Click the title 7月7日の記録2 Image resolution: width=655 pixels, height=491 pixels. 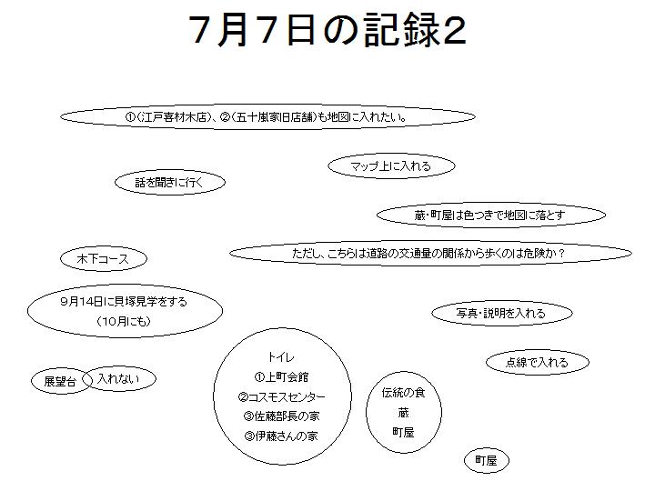tap(327, 30)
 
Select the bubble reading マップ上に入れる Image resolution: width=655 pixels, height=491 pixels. tap(391, 165)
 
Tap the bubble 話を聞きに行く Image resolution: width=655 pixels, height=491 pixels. tap(170, 182)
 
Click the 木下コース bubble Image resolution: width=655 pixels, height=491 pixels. tap(104, 258)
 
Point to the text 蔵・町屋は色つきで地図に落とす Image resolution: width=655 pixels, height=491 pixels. tap(489, 215)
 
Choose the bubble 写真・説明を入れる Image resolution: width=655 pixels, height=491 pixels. tap(501, 313)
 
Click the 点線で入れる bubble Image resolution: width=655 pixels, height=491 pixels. tap(538, 362)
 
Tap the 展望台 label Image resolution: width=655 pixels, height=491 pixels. tap(61, 381)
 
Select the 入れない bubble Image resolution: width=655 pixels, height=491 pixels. tap(119, 378)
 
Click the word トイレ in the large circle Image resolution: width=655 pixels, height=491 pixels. tap(281, 357)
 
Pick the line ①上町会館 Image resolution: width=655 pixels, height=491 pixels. tap(281, 377)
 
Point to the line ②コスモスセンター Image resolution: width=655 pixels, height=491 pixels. tap(281, 396)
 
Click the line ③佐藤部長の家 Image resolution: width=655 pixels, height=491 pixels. tap(281, 416)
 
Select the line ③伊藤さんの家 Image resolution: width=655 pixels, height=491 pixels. tap(281, 436)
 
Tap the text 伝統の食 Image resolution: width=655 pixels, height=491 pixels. tap(403, 393)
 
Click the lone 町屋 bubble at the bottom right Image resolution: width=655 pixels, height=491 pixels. tap(487, 460)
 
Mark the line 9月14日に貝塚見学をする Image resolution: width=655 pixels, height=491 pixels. tap(124, 302)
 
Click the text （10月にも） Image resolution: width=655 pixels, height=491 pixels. tap(124, 321)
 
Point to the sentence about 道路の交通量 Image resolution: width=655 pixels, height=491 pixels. tap(430, 253)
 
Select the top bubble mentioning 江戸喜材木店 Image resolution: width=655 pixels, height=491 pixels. tap(267, 117)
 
